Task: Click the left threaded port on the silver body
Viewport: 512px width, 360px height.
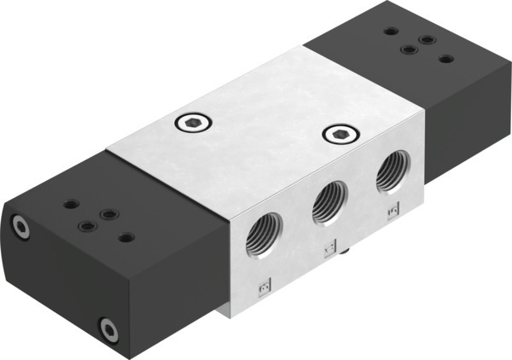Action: pyautogui.click(x=259, y=237)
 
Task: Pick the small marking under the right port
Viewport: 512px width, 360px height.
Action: pyautogui.click(x=393, y=208)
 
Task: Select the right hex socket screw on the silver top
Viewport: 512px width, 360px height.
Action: pyautogui.click(x=339, y=134)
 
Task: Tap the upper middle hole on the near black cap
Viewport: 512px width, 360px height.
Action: pyautogui.click(x=108, y=213)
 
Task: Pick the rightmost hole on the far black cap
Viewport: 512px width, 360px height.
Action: pyautogui.click(x=445, y=59)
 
